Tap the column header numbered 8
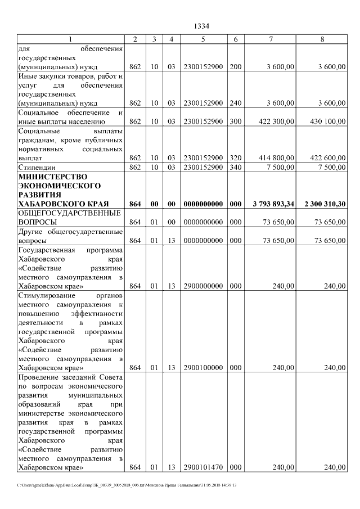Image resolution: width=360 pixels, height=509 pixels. coord(322,39)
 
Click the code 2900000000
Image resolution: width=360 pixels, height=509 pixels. coord(203,286)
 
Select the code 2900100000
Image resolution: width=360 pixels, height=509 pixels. coord(203,367)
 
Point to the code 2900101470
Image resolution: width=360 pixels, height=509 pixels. coord(203,467)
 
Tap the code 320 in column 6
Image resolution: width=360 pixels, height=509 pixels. coord(236,158)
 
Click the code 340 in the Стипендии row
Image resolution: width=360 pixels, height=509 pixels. coord(236,167)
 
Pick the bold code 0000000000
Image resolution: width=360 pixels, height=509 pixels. coord(203,203)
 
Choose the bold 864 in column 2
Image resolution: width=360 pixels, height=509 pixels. coord(135,203)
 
